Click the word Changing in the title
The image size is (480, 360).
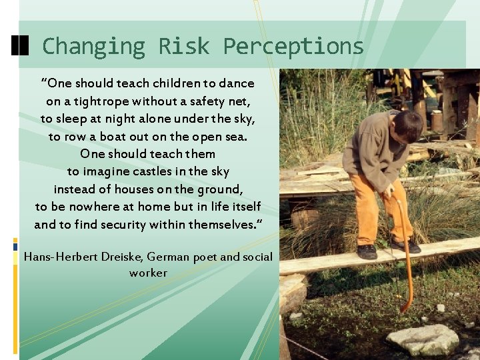93,46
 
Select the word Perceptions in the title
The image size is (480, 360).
293,46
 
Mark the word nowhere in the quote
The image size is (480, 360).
94,207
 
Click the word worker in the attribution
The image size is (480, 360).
148,273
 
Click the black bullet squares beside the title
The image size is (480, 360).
21,45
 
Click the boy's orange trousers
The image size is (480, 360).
373,210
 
